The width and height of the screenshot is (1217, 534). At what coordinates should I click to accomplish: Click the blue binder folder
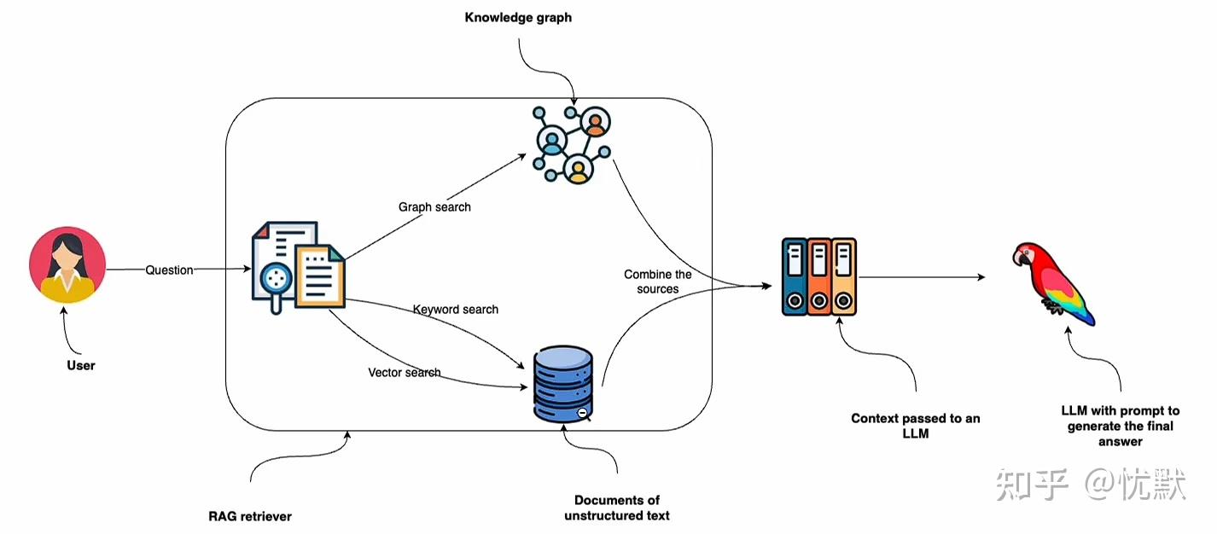[795, 276]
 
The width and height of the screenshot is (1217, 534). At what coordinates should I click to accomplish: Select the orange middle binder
[819, 276]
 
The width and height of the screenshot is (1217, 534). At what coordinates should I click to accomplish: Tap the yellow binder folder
[844, 276]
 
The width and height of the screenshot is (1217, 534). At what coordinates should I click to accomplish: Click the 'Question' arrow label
[169, 270]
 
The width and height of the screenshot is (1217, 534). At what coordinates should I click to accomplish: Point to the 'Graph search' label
[434, 207]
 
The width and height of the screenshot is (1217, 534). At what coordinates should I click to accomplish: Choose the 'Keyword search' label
[456, 309]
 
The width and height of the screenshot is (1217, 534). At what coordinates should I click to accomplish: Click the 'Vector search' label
[405, 373]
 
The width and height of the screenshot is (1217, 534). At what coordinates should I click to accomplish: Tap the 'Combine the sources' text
[657, 282]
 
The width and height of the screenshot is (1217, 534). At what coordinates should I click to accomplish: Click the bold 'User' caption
[81, 365]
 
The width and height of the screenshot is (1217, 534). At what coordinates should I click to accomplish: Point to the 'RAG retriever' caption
[250, 516]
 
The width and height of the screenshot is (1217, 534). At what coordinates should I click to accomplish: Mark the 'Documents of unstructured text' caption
[616, 508]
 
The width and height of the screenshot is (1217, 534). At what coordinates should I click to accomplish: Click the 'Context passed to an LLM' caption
[916, 426]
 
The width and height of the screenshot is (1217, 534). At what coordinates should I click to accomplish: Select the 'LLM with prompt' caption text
[1120, 426]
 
